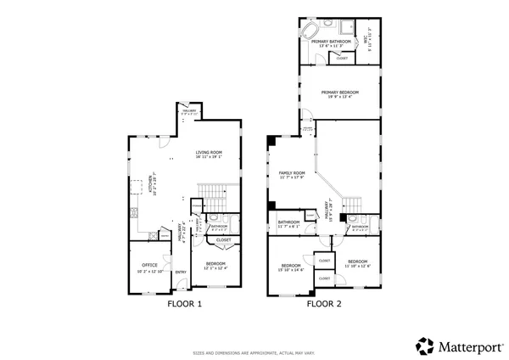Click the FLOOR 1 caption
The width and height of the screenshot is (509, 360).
point(184,303)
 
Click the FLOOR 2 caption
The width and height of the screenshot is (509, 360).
point(324,303)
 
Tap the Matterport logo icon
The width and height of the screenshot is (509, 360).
point(424,346)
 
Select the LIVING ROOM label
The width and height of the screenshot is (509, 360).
point(209,153)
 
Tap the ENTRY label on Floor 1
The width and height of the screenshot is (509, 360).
point(181,272)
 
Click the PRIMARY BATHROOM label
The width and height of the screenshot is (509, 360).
point(331,41)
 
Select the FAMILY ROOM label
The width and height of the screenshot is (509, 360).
point(293,172)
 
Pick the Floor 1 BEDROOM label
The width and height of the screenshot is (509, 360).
point(215,263)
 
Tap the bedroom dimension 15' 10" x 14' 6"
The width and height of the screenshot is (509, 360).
point(292,270)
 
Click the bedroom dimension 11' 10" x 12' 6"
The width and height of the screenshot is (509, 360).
point(357,266)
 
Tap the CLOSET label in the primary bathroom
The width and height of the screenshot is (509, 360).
point(342,58)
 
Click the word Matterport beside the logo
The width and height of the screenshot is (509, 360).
point(468,346)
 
